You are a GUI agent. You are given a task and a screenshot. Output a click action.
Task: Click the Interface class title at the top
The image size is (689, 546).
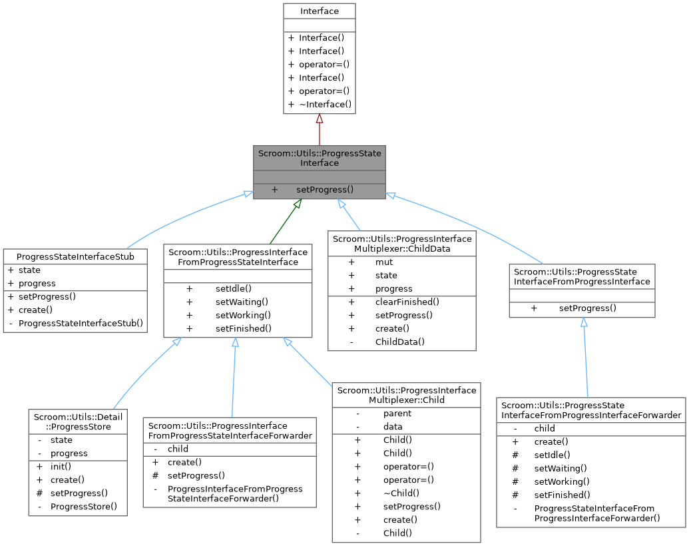tap(319, 11)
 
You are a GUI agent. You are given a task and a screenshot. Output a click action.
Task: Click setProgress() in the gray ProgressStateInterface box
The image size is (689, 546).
tap(325, 190)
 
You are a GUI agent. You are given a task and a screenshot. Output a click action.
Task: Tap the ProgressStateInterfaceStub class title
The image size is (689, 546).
tap(75, 256)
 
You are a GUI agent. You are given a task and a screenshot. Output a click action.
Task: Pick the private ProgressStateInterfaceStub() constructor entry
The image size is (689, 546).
tap(81, 324)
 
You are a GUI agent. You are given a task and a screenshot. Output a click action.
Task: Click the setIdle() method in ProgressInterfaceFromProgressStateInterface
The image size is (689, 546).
tap(233, 288)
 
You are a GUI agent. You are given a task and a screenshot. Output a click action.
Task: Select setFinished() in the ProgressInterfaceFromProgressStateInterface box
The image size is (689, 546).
tap(244, 328)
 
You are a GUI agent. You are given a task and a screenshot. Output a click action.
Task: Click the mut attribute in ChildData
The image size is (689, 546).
tap(384, 262)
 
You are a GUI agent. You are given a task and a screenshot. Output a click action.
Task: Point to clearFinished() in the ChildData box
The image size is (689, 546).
tap(407, 302)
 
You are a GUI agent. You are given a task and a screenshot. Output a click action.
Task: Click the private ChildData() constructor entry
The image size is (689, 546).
tap(399, 342)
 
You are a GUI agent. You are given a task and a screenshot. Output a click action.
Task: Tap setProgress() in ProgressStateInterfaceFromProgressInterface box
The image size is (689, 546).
tap(587, 308)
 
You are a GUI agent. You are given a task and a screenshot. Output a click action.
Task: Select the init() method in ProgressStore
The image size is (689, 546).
tap(61, 466)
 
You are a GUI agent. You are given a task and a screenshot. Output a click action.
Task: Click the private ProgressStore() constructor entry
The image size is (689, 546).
tap(84, 506)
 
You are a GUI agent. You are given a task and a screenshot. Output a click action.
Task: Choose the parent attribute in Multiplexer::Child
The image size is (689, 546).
tap(397, 413)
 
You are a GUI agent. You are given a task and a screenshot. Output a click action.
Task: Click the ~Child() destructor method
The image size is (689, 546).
tap(401, 493)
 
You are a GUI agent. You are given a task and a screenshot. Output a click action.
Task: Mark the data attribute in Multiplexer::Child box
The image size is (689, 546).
tap(393, 427)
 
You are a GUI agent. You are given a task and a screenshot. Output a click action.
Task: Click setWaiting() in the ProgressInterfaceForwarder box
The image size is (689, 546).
tap(556, 468)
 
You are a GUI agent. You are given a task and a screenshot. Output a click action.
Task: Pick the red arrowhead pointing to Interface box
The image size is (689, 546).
tap(320, 119)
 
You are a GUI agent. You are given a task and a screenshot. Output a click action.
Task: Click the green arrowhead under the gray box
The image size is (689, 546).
tap(298, 204)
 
